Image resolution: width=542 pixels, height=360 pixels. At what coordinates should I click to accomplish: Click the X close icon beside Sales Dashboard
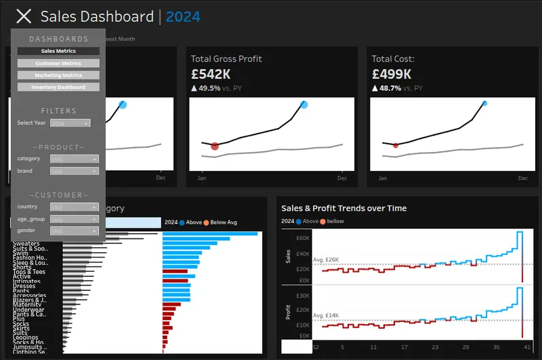(24, 17)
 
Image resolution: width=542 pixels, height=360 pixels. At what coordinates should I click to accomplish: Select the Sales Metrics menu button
(58, 51)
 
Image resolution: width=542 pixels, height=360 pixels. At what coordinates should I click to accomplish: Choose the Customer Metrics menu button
(58, 63)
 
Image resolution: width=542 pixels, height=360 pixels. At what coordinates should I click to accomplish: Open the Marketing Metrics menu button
(58, 75)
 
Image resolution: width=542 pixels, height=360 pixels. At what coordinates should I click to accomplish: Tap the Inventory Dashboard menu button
(58, 87)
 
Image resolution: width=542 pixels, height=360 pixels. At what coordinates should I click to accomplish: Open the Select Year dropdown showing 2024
(70, 123)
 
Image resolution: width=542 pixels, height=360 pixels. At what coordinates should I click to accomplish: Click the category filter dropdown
(75, 159)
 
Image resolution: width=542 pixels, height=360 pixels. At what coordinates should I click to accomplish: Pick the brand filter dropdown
(75, 172)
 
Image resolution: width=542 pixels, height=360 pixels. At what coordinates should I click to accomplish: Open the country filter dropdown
(75, 207)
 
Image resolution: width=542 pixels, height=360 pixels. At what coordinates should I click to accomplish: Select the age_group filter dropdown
(75, 220)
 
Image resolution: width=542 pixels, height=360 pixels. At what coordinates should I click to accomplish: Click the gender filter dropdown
(75, 231)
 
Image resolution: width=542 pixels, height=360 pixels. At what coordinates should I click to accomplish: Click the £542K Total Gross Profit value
(211, 74)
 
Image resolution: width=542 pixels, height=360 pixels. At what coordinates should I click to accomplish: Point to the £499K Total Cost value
(392, 74)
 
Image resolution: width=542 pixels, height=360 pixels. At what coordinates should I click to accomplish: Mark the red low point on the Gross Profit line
(215, 146)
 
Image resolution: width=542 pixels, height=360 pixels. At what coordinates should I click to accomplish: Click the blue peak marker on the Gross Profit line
(304, 104)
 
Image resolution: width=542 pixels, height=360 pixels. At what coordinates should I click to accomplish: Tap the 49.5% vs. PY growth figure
(209, 88)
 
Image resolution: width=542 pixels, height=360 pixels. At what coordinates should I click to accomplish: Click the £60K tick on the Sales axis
(302, 238)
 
